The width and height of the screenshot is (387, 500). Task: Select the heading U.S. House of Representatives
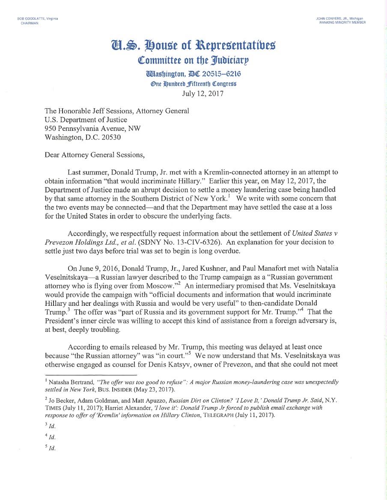(193, 44)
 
